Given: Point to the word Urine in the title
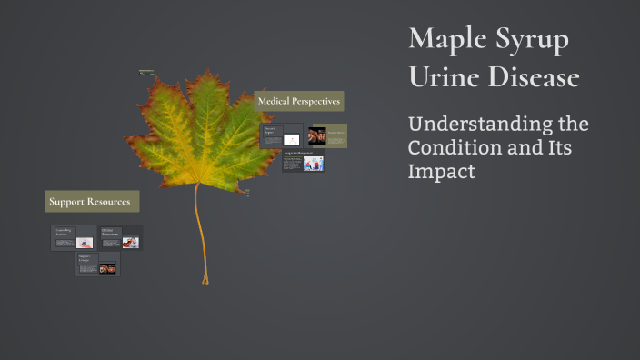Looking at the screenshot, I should pos(444,77).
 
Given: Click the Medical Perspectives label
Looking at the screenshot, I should pos(299,101).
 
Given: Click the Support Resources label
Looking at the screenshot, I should pos(89,201).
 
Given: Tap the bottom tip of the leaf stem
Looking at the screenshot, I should pos(205,283).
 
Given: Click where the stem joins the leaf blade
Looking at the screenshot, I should pos(197,185).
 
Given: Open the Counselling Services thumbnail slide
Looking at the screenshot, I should pos(74,238).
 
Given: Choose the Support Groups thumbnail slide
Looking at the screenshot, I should pos(97,265).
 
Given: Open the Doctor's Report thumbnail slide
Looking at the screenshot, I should pos(281,136).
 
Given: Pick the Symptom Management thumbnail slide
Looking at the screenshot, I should pos(303,164).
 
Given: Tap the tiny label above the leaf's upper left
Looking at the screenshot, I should pos(145,72).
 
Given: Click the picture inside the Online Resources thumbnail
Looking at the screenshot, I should pos(131,243).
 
